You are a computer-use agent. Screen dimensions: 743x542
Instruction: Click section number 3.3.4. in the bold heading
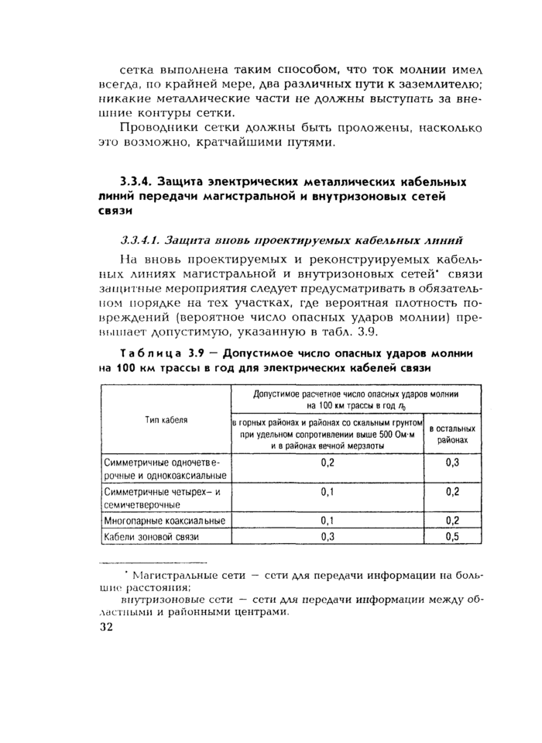pos(133,182)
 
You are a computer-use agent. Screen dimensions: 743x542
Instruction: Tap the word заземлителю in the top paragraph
pos(444,84)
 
